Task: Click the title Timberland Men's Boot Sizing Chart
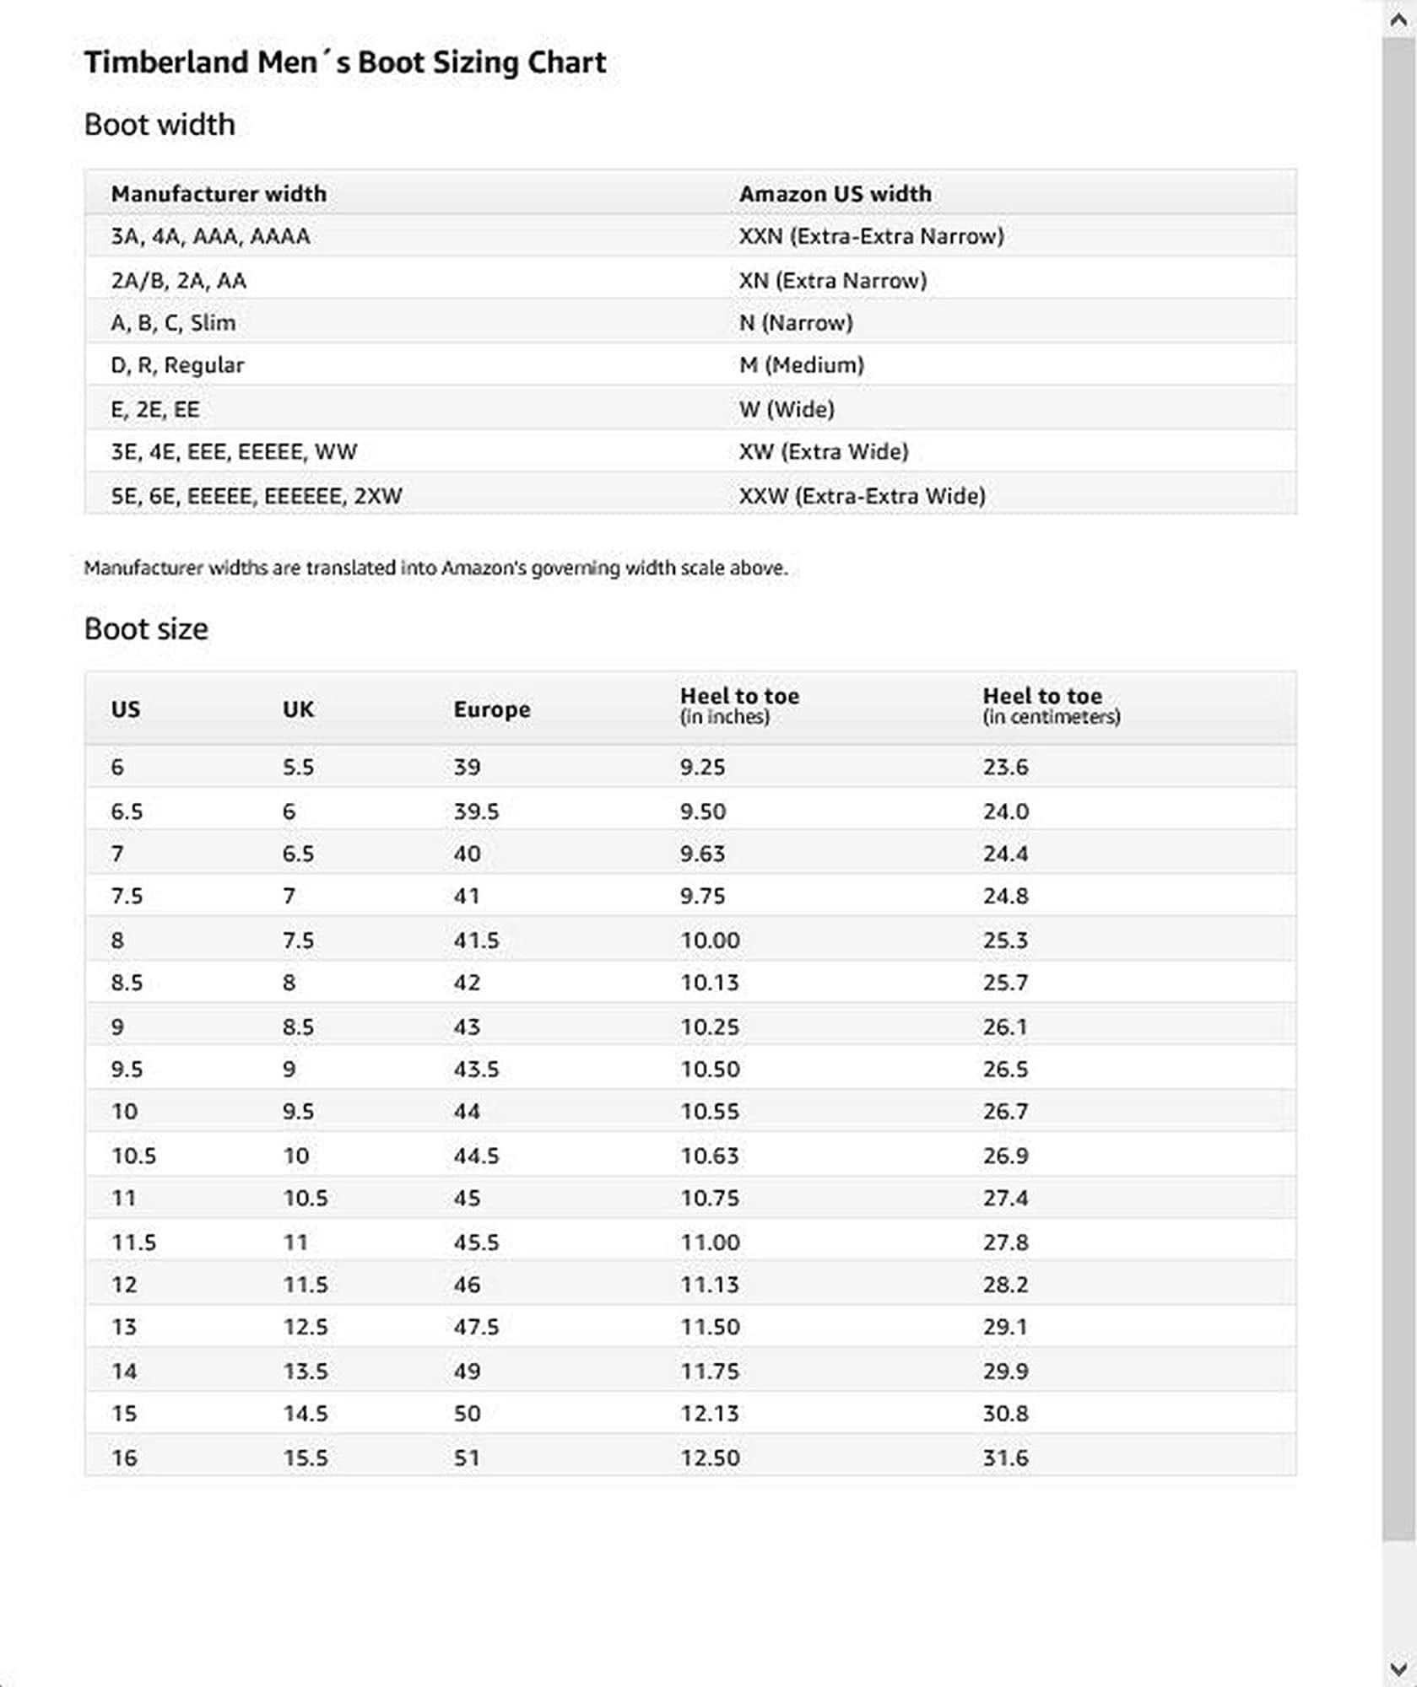(344, 62)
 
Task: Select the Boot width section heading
(160, 125)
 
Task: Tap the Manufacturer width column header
(219, 194)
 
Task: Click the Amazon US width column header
(835, 194)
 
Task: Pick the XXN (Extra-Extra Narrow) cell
(871, 236)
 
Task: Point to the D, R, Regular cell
(177, 365)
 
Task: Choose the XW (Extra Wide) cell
(823, 452)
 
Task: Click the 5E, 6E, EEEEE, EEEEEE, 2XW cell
(257, 496)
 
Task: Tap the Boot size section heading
(146, 629)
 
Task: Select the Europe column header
(491, 709)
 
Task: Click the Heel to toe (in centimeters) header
(1051, 705)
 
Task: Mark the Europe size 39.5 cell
(476, 811)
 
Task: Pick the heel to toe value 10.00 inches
(710, 941)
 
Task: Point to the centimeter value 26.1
(1005, 1027)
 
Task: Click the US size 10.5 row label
(133, 1156)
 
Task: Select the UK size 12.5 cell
(305, 1327)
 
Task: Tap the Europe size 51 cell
(467, 1458)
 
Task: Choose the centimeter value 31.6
(1005, 1458)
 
